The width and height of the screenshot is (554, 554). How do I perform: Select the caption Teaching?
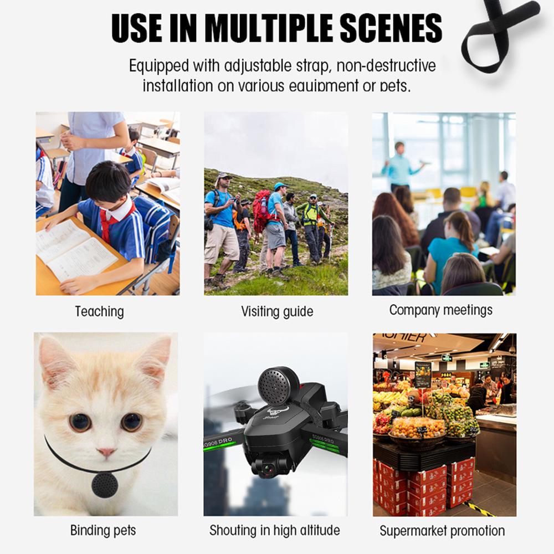[x=100, y=311]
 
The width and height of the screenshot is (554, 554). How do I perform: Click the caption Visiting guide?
[x=277, y=311]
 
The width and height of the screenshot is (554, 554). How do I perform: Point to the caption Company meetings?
[x=440, y=310]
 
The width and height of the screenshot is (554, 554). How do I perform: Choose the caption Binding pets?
[x=103, y=530]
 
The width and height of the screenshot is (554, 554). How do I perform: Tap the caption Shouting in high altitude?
[x=275, y=530]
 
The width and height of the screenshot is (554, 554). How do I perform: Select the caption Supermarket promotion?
[x=442, y=531]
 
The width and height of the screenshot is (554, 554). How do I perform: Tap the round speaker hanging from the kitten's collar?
[x=105, y=485]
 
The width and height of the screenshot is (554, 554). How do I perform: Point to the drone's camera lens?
[x=268, y=469]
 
